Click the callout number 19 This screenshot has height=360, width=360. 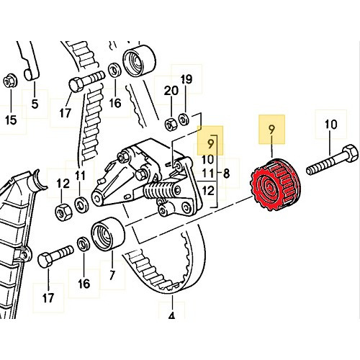tap(186, 79)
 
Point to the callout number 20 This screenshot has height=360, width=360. tap(170, 91)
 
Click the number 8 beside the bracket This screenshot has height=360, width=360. tap(227, 173)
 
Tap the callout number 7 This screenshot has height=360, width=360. tap(112, 275)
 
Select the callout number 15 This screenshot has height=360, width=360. tap(11, 120)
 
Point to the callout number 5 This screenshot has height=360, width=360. tap(33, 104)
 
